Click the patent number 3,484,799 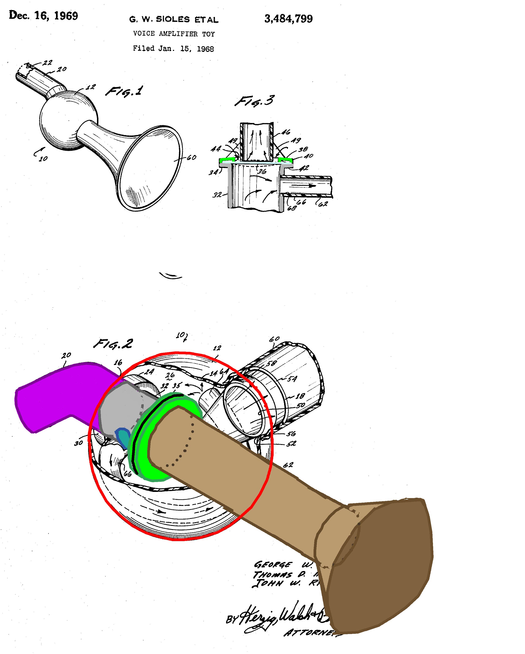[x=288, y=19]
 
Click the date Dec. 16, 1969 [x=43, y=15]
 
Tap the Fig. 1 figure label [x=124, y=91]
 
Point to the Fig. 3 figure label [x=255, y=101]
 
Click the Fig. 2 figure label [x=113, y=344]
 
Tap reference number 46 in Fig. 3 [x=286, y=132]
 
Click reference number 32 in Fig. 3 [x=217, y=195]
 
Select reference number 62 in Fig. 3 [x=323, y=204]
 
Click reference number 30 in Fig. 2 [x=78, y=443]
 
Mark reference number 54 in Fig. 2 [x=292, y=379]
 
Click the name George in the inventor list [x=273, y=565]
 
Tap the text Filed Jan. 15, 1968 [x=173, y=49]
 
